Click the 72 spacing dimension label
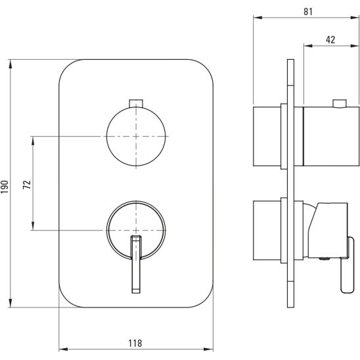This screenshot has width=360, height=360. click(x=27, y=185)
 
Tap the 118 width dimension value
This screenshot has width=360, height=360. click(x=135, y=343)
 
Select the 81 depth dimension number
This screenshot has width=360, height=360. click(x=308, y=11)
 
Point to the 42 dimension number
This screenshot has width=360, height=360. click(x=330, y=39)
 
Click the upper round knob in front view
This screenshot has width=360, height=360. click(x=136, y=137)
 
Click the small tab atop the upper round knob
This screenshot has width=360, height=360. click(x=136, y=103)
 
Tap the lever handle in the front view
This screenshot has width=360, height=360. click(x=136, y=264)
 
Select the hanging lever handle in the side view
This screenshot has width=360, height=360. click(x=347, y=265)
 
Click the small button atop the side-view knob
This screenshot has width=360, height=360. click(x=340, y=103)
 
